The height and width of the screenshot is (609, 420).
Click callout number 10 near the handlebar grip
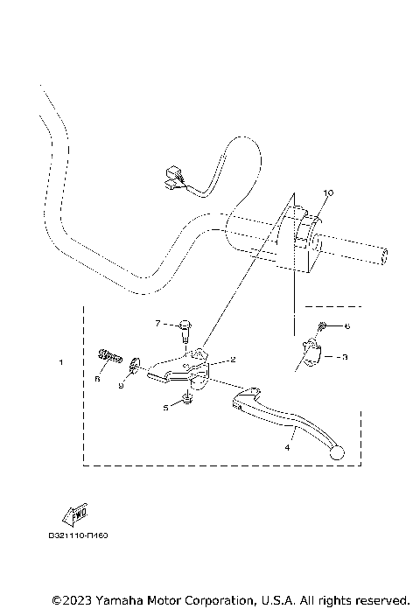point(329,192)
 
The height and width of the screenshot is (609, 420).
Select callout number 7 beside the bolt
point(158,324)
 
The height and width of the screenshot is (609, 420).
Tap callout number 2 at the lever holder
point(234,359)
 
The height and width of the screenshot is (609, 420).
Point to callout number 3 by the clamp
point(346,357)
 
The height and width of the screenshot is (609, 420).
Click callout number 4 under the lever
point(285,446)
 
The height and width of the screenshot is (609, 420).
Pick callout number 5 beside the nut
point(164,407)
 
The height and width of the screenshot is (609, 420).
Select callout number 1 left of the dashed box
point(60,361)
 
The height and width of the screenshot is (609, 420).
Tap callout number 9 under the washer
point(122,384)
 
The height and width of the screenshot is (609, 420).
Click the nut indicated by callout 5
point(188,401)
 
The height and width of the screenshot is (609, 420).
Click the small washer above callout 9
point(132,363)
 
